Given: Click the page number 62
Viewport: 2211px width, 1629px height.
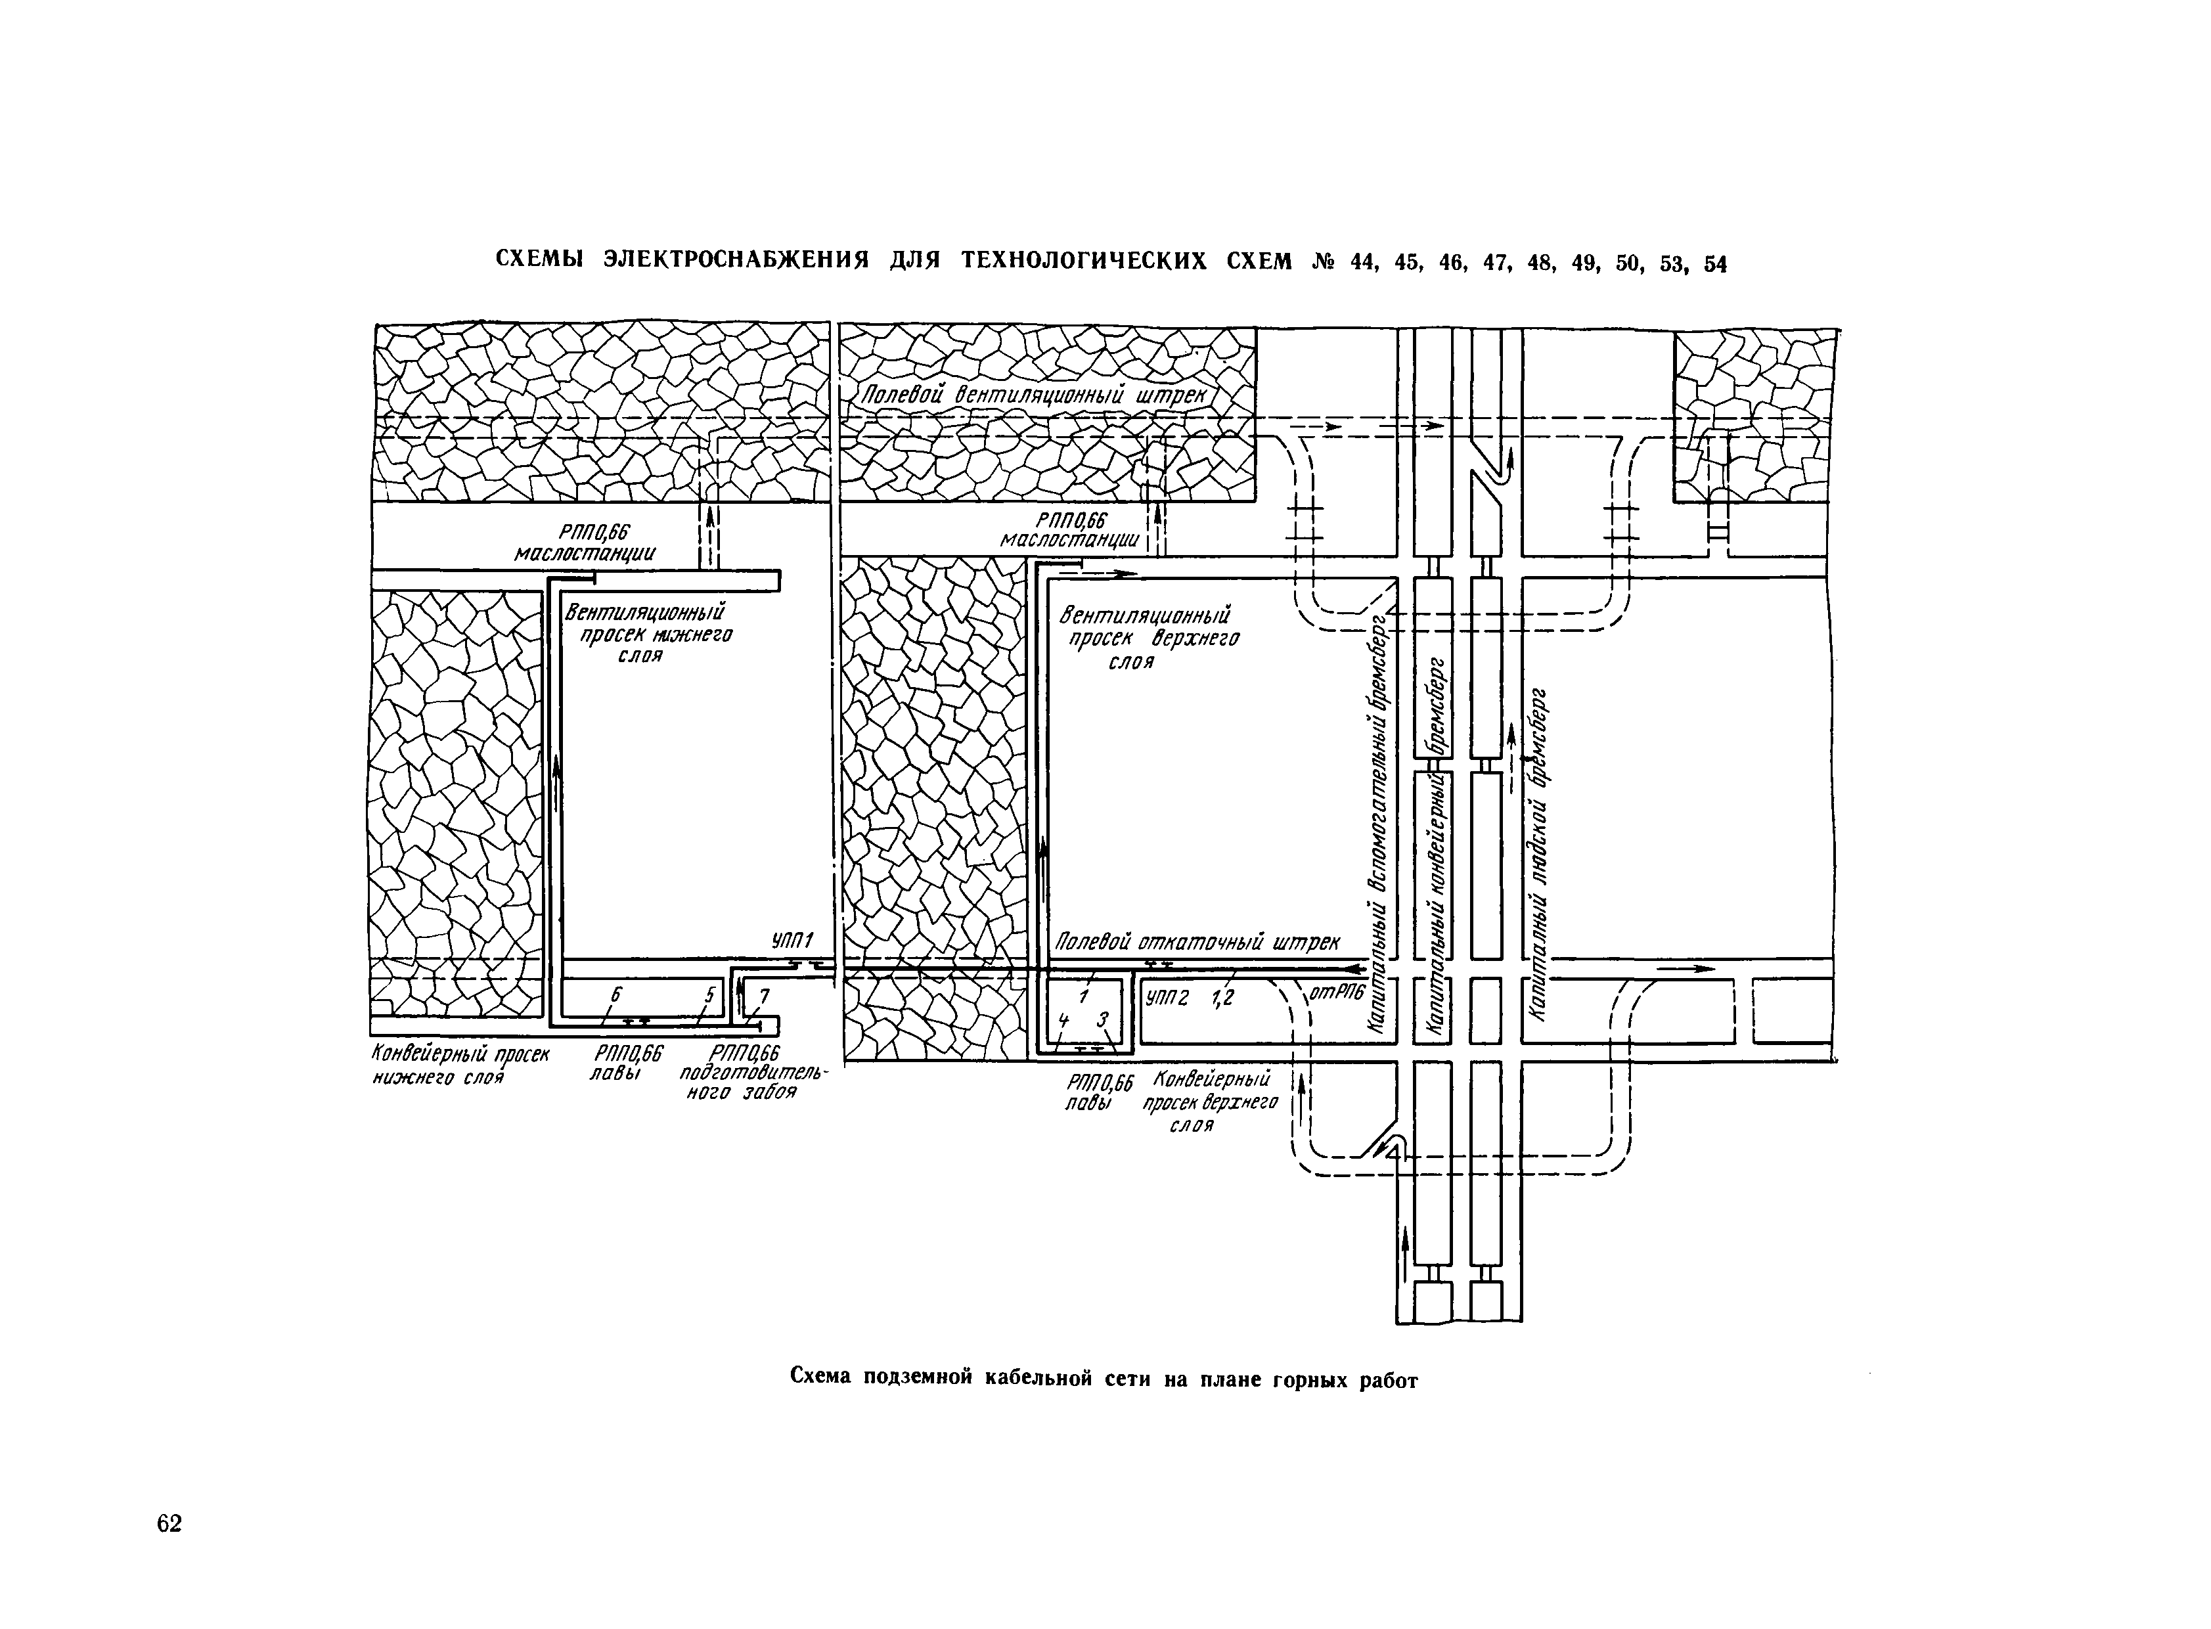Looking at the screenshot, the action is (169, 1523).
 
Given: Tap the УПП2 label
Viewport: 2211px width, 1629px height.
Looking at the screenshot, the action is (1166, 998).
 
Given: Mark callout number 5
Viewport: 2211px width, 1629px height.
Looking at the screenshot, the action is (708, 996).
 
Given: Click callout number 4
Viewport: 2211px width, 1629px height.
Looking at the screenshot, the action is (1062, 1019).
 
